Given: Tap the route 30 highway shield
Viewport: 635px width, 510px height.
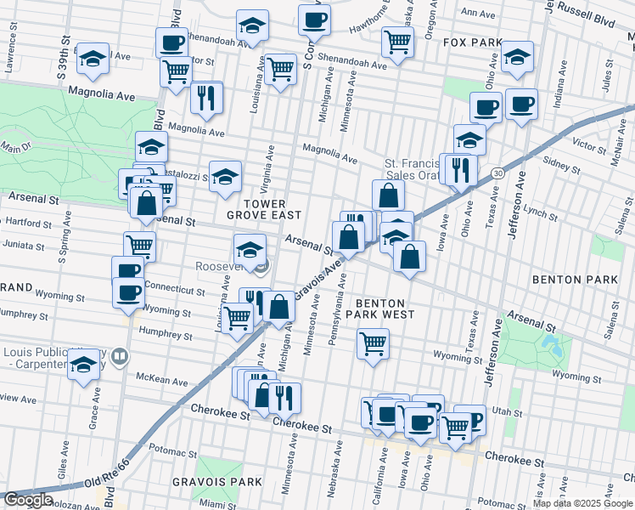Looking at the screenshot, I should point(497,173).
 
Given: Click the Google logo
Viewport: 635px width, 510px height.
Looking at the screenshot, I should point(29,500).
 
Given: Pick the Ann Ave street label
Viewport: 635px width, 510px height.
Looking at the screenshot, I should point(478,14).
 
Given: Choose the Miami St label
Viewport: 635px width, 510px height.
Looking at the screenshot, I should point(218,505).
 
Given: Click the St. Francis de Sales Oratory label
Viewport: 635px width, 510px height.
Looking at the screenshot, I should point(416,169).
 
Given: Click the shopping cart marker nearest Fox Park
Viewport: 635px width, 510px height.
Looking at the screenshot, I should point(396,42).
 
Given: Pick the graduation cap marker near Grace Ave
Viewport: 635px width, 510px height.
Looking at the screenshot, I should point(83,365).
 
